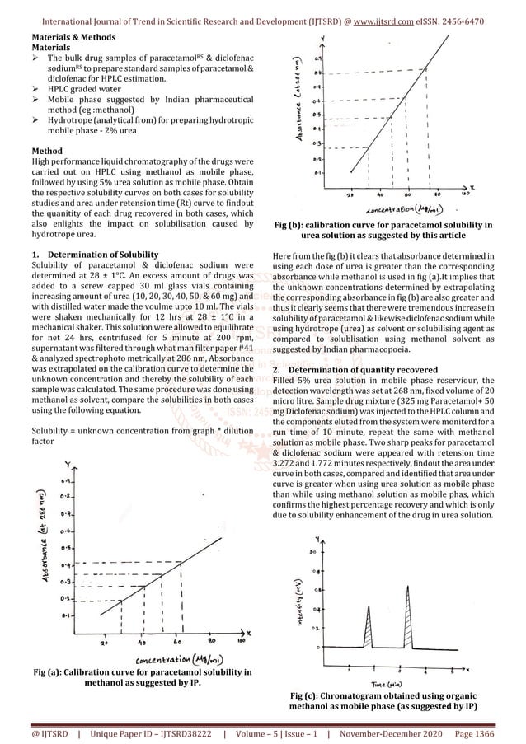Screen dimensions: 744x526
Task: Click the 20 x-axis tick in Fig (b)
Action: [350, 194]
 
